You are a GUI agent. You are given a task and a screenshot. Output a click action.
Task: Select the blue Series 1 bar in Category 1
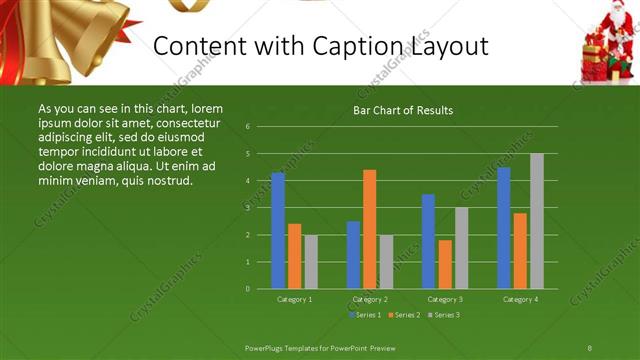(x=278, y=231)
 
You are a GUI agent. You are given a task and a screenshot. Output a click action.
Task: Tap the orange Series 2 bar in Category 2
(x=369, y=229)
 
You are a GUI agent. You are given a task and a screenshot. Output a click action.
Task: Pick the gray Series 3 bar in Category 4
(x=537, y=221)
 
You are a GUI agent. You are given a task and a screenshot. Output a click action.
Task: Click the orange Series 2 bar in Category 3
(x=444, y=264)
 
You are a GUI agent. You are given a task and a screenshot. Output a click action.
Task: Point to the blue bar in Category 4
(x=503, y=228)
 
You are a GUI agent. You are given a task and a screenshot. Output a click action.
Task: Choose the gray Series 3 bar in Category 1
(x=311, y=262)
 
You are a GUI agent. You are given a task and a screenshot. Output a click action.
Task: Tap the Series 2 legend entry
(x=402, y=315)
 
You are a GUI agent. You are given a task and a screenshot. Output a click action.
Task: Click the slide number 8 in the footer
(x=590, y=346)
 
